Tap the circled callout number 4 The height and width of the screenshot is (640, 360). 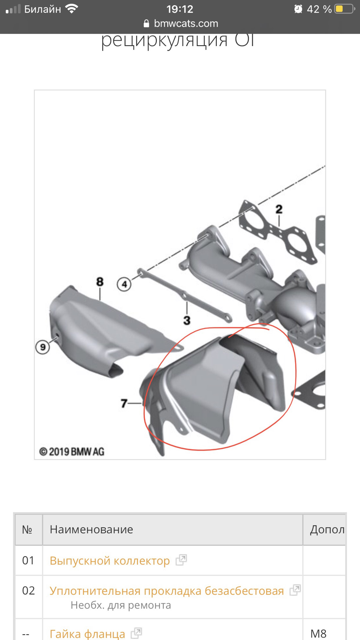[x=124, y=285]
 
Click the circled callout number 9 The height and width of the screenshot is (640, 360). [x=43, y=347]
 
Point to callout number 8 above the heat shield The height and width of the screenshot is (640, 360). [x=100, y=282]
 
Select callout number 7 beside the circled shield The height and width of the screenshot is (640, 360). [x=124, y=403]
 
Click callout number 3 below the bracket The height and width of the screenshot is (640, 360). [x=187, y=321]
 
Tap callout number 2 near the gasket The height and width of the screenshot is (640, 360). [x=279, y=209]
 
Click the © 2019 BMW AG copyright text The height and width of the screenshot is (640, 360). [x=72, y=452]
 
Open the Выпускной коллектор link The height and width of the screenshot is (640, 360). [x=110, y=561]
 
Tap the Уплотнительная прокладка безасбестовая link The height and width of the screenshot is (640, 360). [x=167, y=591]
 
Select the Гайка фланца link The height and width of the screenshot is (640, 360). [x=87, y=633]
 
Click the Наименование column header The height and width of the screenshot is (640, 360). [x=91, y=529]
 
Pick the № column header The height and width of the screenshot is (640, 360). [x=27, y=529]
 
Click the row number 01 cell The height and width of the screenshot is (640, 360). [x=28, y=561]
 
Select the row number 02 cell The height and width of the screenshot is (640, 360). [x=28, y=591]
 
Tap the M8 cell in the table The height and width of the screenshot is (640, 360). [x=318, y=633]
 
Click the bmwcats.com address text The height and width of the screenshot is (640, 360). [x=186, y=23]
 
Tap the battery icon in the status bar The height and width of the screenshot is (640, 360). [x=344, y=9]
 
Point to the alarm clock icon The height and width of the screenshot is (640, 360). [x=298, y=9]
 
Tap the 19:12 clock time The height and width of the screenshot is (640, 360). [x=180, y=9]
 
